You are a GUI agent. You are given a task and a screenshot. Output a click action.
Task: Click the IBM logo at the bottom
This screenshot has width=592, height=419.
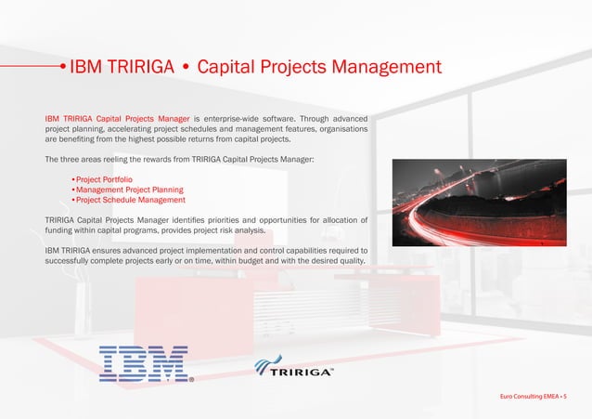click(x=143, y=364)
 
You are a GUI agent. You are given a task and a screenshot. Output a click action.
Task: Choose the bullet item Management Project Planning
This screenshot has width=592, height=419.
click(x=129, y=190)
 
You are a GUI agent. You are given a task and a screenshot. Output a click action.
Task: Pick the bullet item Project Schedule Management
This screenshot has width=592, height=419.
click(x=130, y=200)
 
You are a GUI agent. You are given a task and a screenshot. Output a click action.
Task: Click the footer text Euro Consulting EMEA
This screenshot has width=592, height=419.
click(x=530, y=397)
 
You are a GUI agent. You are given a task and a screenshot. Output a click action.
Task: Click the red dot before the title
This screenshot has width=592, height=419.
click(x=61, y=67)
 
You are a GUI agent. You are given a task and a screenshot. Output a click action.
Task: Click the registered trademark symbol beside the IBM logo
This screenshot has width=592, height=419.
click(x=191, y=379)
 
